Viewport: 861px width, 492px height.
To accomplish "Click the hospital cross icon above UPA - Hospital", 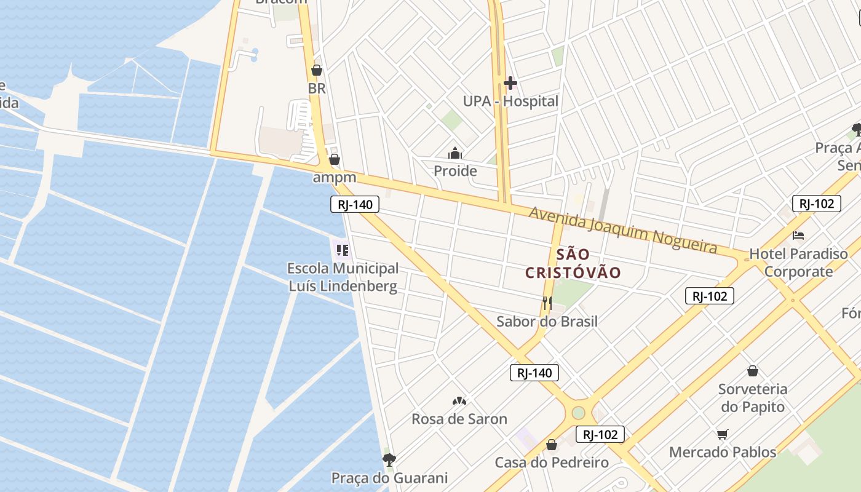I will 510,83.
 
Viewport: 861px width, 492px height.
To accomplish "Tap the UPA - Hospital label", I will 510,101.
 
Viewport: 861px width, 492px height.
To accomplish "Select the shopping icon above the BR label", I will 317,70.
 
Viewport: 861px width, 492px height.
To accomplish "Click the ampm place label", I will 335,178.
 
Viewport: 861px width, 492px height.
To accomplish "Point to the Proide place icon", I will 455,153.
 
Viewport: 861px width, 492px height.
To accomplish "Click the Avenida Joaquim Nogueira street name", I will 622,229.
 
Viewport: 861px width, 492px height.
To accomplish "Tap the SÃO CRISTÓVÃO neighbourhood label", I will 573,263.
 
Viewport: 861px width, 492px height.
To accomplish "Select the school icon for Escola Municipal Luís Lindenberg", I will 342,250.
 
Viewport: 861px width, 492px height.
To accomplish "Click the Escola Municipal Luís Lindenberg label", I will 343,277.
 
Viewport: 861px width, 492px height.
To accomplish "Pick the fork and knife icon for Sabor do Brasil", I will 547,303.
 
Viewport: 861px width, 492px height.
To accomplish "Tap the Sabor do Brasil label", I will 547,321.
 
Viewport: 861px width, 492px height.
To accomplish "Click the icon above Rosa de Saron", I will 459,401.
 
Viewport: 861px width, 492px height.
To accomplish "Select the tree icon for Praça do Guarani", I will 389,459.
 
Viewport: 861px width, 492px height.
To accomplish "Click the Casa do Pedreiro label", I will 552,462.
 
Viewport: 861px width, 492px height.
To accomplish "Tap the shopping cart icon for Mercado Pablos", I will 723,435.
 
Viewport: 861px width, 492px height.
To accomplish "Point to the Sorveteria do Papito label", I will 753,398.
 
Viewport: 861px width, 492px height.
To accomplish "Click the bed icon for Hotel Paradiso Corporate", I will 798,235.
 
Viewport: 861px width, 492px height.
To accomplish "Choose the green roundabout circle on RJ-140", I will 578,412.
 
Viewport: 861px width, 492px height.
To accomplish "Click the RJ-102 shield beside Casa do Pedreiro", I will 600,434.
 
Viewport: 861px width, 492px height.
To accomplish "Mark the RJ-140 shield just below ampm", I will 355,204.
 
